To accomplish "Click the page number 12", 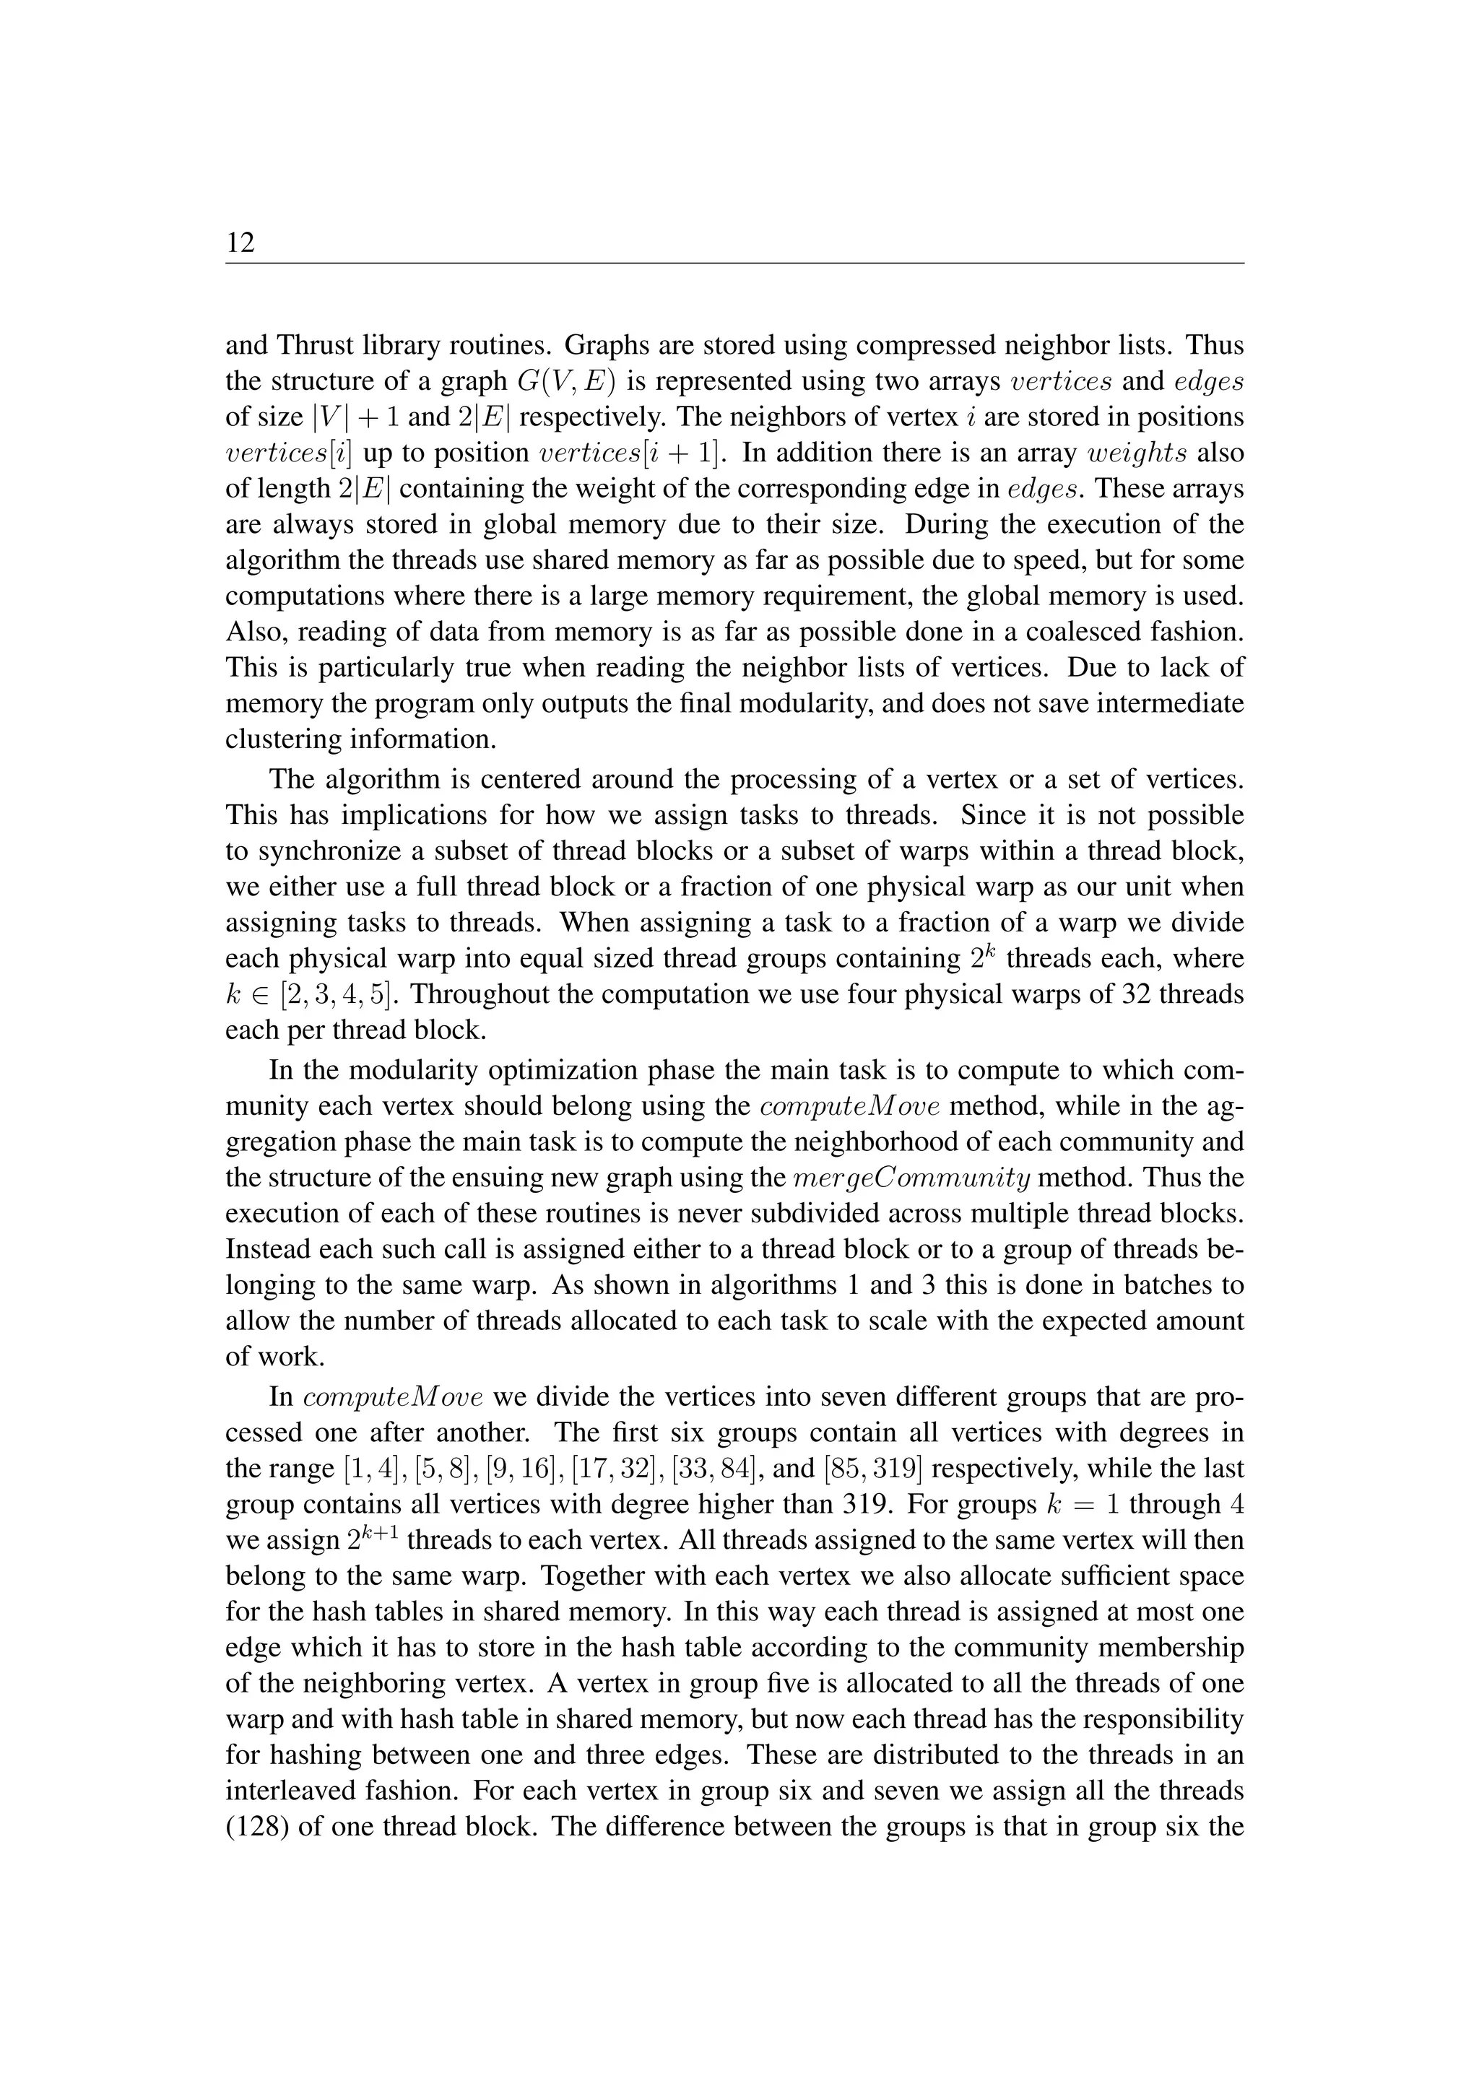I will tap(240, 243).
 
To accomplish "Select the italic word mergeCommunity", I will tap(911, 1178).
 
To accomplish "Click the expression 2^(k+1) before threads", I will tap(377, 1539).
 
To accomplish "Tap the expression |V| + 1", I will tap(355, 417).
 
